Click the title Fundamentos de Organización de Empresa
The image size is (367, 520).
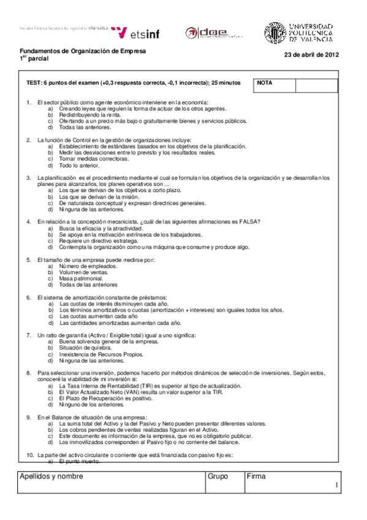click(83, 51)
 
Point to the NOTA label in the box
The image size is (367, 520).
click(265, 83)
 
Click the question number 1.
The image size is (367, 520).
click(28, 102)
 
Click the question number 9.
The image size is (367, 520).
click(28, 417)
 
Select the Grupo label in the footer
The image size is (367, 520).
click(218, 476)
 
